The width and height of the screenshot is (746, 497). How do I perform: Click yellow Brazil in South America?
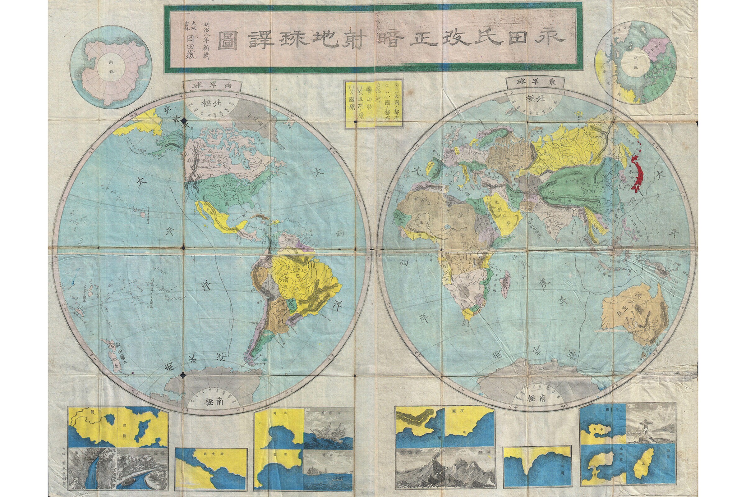click(x=305, y=279)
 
